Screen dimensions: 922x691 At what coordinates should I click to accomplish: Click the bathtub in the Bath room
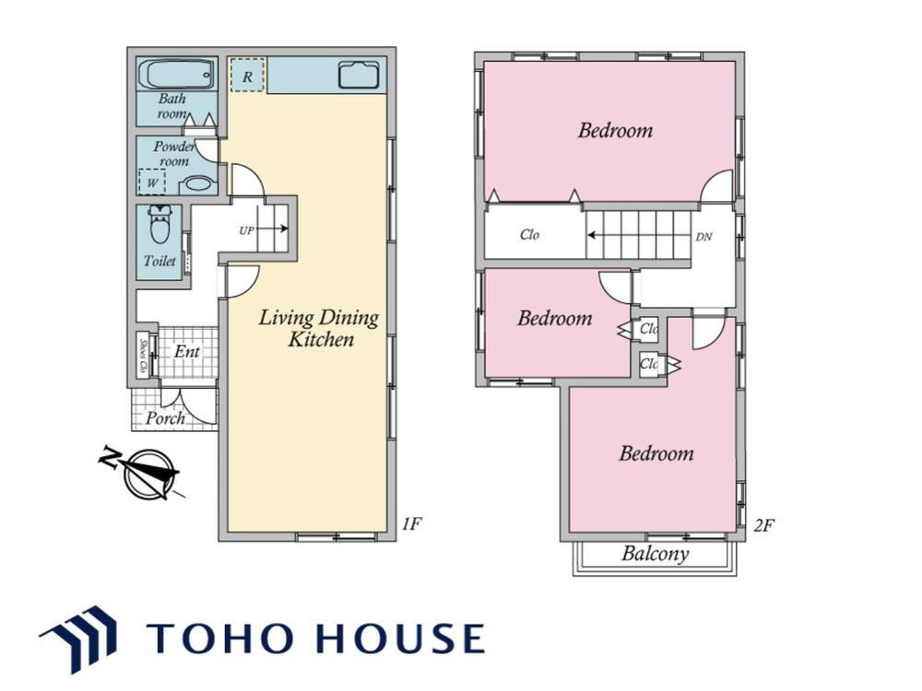176,74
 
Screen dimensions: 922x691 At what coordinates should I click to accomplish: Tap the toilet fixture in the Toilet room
160,225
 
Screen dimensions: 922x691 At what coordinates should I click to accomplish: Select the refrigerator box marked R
247,75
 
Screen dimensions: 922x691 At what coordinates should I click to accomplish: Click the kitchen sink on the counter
358,75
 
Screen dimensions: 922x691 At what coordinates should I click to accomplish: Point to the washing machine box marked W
152,182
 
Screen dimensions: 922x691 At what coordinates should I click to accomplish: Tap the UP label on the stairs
246,230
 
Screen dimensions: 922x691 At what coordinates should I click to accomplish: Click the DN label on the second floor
703,237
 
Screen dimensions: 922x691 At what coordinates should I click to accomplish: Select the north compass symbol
144,473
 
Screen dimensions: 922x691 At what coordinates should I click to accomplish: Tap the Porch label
165,417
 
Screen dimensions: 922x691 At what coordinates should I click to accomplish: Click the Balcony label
655,554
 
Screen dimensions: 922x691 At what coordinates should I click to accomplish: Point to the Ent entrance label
187,351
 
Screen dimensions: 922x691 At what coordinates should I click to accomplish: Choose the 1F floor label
411,523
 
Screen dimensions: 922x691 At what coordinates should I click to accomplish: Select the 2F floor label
763,525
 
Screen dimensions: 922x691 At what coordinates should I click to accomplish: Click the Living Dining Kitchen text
319,328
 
